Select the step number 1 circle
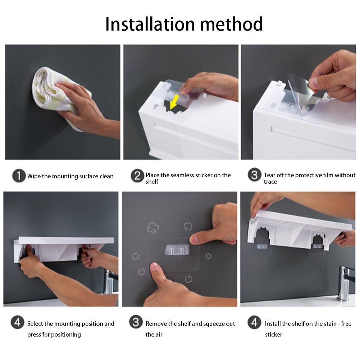[x=19, y=176]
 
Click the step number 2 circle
[x=137, y=176]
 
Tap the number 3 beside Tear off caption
[x=255, y=176]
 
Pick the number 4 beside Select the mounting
[x=17, y=323]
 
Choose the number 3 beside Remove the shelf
[x=136, y=323]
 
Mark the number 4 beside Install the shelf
[x=255, y=323]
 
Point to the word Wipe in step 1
[x=34, y=176]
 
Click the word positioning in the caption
[x=66, y=335]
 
